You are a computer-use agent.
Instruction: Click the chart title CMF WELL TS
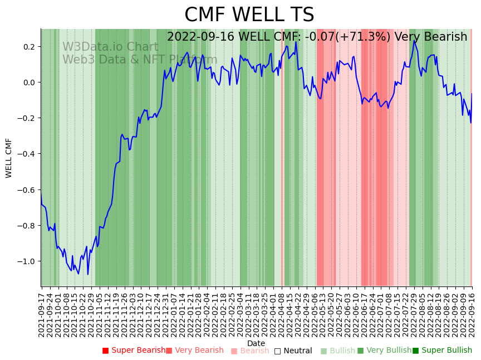pyautogui.click(x=249, y=15)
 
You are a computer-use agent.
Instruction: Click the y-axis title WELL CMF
pyautogui.click(x=9, y=158)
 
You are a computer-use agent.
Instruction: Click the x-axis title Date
pyautogui.click(x=256, y=343)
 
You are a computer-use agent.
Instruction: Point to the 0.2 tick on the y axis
pyautogui.click(x=29, y=46)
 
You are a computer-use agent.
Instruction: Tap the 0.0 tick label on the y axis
pyautogui.click(x=29, y=82)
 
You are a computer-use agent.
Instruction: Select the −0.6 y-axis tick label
pyautogui.click(x=27, y=190)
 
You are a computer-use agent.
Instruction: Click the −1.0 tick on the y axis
pyautogui.click(x=27, y=261)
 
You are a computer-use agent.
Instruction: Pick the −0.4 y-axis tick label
pyautogui.click(x=27, y=154)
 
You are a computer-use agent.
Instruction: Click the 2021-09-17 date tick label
pyautogui.click(x=41, y=315)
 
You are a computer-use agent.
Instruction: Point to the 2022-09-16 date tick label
pyautogui.click(x=473, y=315)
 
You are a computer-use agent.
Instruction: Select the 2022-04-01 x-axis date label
pyautogui.click(x=274, y=315)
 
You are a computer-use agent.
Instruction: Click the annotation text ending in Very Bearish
pyautogui.click(x=317, y=37)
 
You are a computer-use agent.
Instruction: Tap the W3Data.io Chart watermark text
pyautogui.click(x=110, y=47)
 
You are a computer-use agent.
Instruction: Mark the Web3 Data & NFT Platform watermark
pyautogui.click(x=139, y=60)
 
